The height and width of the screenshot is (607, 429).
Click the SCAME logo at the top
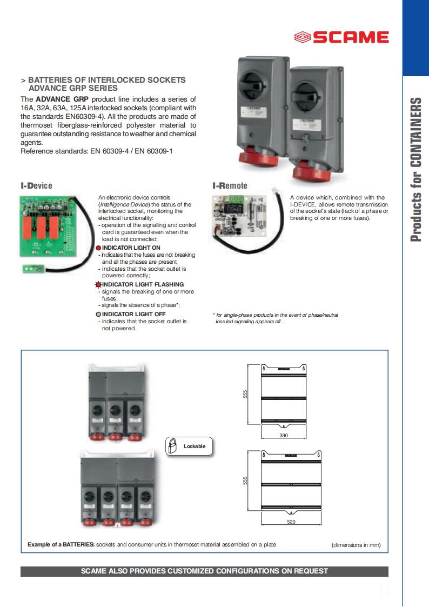click(x=341, y=37)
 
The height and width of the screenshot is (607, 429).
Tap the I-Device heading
click(x=37, y=186)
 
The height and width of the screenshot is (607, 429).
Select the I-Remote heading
click(x=230, y=186)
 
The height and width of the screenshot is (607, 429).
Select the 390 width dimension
click(x=284, y=435)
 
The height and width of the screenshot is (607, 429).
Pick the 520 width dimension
click(x=291, y=522)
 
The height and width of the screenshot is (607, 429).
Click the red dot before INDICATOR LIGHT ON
click(x=99, y=248)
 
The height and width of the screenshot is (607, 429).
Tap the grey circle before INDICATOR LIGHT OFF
click(x=98, y=314)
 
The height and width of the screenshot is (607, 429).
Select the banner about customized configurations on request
click(x=204, y=571)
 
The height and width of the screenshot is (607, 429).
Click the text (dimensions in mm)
click(x=356, y=545)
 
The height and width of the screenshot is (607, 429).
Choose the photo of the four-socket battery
click(x=119, y=486)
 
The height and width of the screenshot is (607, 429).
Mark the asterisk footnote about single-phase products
click(x=276, y=318)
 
